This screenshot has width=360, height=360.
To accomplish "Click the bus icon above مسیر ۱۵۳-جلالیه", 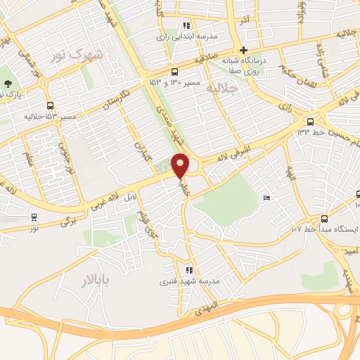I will pyautogui.click(x=50, y=106).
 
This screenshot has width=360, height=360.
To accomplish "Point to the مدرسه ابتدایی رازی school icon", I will pyautogui.click(x=186, y=25).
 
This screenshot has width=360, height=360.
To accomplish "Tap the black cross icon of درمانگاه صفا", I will pyautogui.click(x=243, y=49).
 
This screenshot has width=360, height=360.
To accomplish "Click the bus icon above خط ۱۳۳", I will pyautogui.click(x=310, y=120).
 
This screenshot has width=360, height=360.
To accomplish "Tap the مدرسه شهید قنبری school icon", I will pyautogui.click(x=188, y=269).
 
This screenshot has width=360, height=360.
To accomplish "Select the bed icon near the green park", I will pyautogui.click(x=266, y=200).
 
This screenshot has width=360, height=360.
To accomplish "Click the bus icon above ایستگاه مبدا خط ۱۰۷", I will pyautogui.click(x=324, y=219).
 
